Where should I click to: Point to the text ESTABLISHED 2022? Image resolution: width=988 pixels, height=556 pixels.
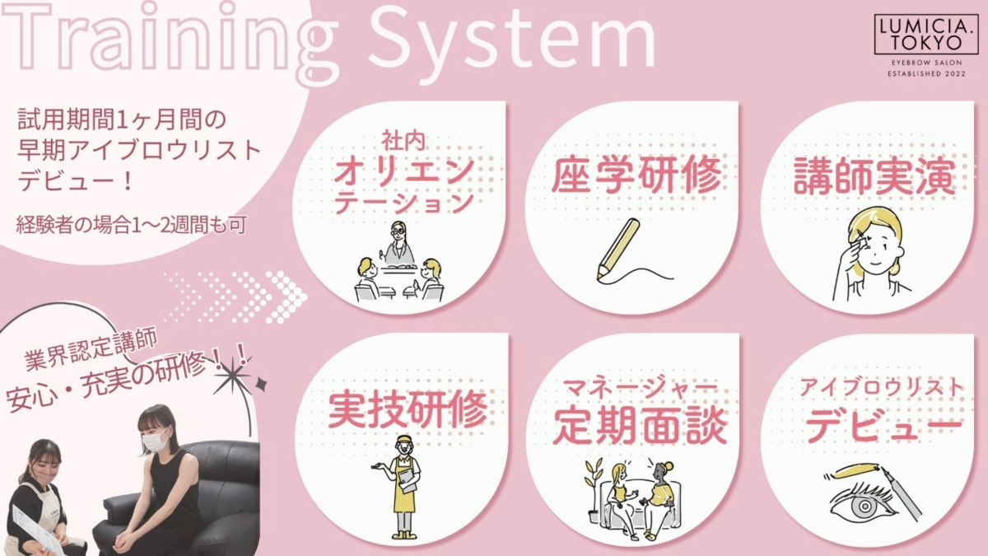click(927, 73)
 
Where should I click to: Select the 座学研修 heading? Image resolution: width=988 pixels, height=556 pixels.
click(636, 175)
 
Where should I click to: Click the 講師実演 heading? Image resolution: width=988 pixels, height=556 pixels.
click(874, 177)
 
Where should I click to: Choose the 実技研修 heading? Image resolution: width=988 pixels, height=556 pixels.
click(408, 409)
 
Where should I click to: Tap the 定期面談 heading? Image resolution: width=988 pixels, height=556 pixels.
click(640, 425)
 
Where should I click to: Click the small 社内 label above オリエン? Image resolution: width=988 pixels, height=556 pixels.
click(403, 142)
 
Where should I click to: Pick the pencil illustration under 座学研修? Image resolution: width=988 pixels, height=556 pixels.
click(618, 250)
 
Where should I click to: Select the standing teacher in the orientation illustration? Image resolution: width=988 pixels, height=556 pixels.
click(399, 244)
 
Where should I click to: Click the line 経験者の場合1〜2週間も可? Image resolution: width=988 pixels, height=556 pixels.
click(131, 226)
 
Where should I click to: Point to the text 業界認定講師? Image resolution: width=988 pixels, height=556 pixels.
click(91, 350)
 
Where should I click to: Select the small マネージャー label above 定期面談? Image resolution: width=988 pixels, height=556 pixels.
click(634, 388)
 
